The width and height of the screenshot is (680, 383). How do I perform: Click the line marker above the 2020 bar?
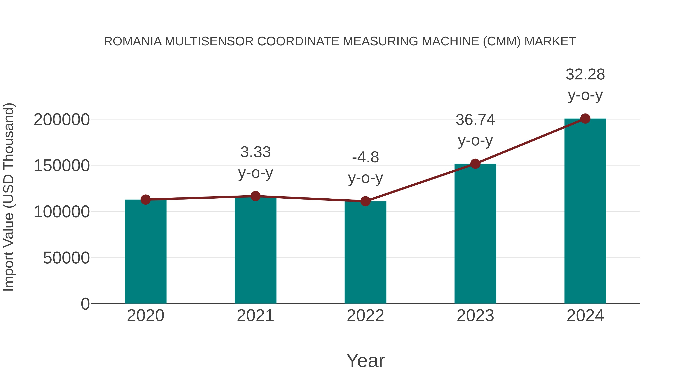point(145,200)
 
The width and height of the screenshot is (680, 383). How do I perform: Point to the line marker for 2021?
point(255,196)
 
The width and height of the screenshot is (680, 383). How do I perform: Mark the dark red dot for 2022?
point(365,201)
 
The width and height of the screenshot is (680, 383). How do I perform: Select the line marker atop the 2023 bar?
point(475,164)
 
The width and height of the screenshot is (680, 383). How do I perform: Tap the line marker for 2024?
point(585,119)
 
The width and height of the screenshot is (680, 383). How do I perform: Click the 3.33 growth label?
point(255,152)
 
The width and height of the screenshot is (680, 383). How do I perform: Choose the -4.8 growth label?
point(365,158)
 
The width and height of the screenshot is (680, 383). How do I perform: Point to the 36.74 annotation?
point(475,120)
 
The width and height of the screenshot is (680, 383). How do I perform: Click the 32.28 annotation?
point(585,75)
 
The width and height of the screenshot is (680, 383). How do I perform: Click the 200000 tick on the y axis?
point(62,120)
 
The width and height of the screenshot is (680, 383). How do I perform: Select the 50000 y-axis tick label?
point(66,258)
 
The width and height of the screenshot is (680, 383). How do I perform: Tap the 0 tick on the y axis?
point(85,304)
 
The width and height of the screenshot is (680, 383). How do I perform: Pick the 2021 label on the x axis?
point(255,316)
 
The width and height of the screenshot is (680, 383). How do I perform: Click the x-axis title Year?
point(365,361)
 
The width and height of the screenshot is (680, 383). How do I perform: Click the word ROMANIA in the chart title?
point(133,41)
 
